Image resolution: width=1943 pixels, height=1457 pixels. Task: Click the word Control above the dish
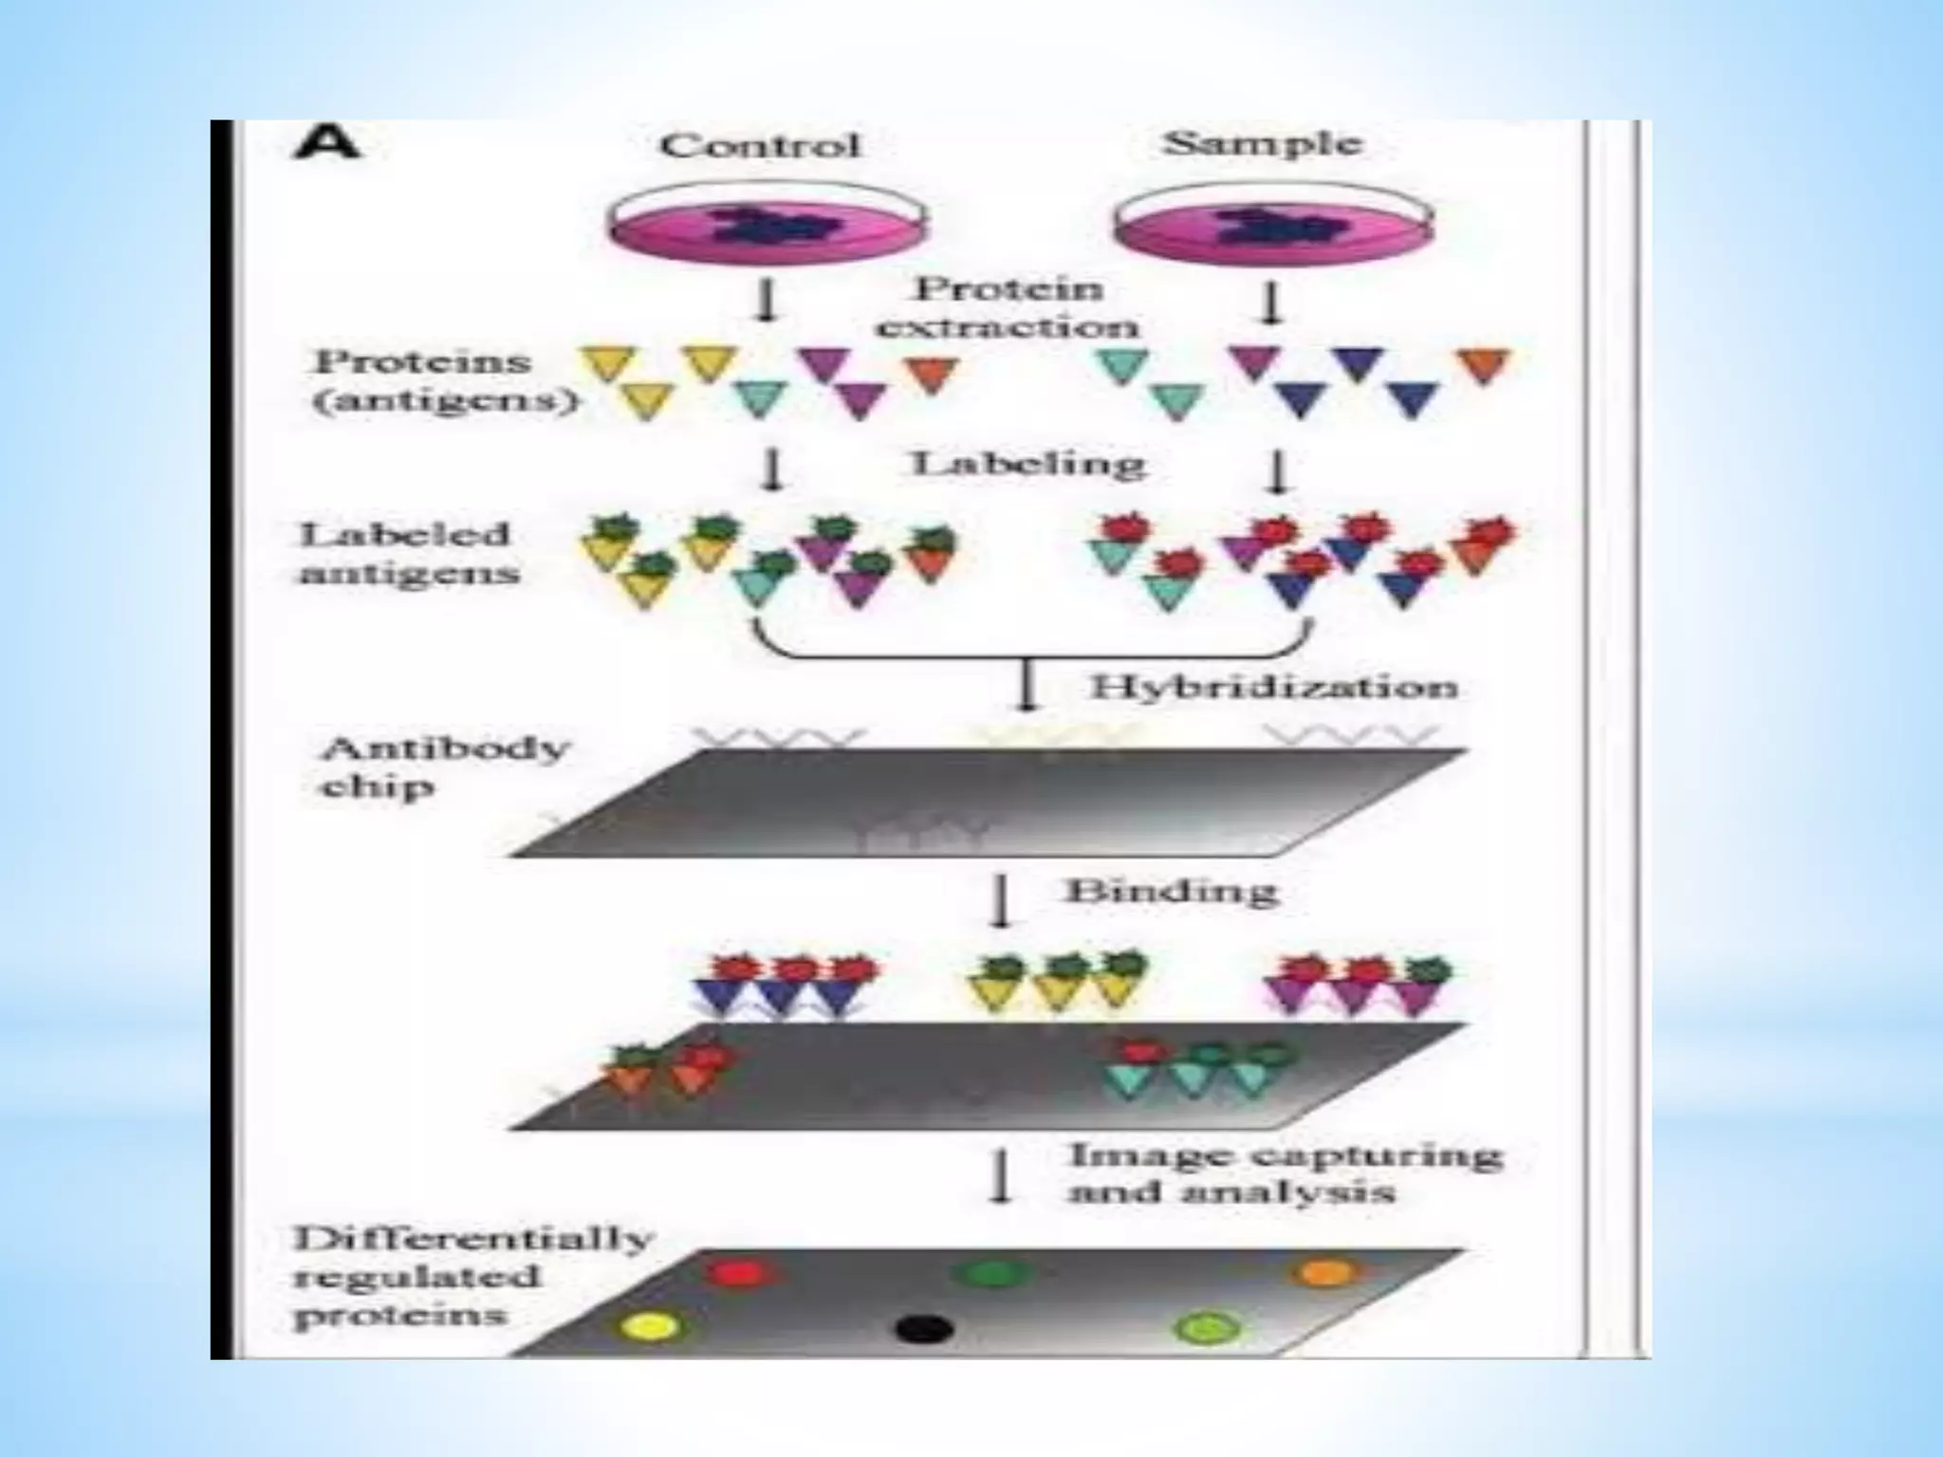pyautogui.click(x=760, y=145)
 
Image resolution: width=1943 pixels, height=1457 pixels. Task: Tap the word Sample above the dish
pyautogui.click(x=1263, y=143)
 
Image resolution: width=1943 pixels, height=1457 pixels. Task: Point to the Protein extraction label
pyautogui.click(x=1008, y=307)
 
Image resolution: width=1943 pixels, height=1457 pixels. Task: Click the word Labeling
pyautogui.click(x=1028, y=464)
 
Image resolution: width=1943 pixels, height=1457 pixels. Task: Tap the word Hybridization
pyautogui.click(x=1273, y=687)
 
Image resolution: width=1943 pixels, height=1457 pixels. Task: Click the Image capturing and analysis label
pyautogui.click(x=1285, y=1173)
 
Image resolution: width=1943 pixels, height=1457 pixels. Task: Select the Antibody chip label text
pyautogui.click(x=444, y=767)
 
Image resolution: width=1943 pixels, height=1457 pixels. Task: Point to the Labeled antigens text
pyautogui.click(x=410, y=554)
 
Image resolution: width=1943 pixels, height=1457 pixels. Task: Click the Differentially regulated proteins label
pyautogui.click(x=472, y=1277)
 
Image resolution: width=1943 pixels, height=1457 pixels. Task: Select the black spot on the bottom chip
pyautogui.click(x=923, y=1328)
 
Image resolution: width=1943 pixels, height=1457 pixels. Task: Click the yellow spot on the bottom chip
pyautogui.click(x=651, y=1325)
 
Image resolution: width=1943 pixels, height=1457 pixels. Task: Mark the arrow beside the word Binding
pyautogui.click(x=999, y=901)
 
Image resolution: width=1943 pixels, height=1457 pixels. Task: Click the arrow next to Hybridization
pyautogui.click(x=1026, y=686)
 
